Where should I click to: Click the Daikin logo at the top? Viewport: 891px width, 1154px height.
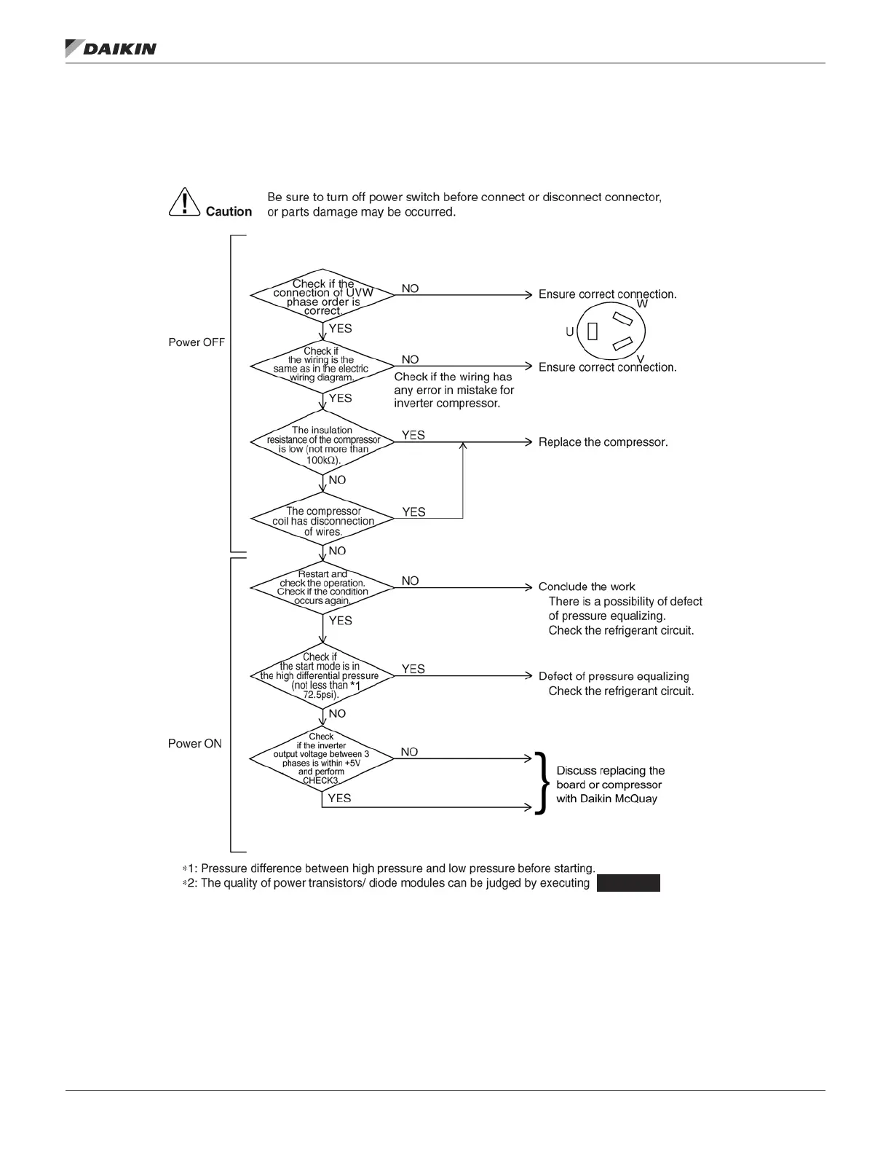click(x=111, y=49)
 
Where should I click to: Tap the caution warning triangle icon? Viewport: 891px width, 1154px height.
click(x=185, y=203)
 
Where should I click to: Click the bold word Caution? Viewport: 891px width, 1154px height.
click(x=229, y=212)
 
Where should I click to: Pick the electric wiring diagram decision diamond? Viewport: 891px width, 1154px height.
click(x=322, y=365)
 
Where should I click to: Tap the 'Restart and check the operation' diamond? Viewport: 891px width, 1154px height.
click(x=322, y=587)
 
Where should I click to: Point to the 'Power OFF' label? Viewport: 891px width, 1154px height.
click(x=197, y=342)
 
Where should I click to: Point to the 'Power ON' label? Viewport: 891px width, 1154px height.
click(x=195, y=744)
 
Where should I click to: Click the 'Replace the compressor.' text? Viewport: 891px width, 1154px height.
click(x=603, y=442)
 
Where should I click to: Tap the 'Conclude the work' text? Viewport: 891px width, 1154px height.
click(x=587, y=586)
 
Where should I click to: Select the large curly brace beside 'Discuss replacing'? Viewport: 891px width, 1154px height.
click(x=541, y=784)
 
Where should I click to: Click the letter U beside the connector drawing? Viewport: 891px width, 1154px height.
click(x=570, y=332)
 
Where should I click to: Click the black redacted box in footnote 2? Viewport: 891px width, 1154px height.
click(x=628, y=883)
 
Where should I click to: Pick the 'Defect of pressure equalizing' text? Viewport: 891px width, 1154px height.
click(x=614, y=676)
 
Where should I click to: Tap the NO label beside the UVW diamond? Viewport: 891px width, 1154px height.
click(x=410, y=288)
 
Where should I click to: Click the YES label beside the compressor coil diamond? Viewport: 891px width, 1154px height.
click(x=413, y=512)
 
